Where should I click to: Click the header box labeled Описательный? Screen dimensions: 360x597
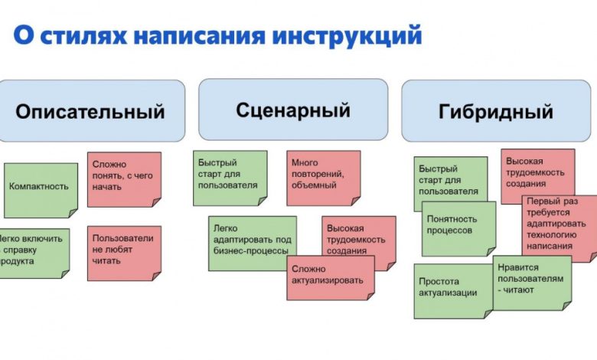91,111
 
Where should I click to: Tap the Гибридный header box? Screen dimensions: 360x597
496,111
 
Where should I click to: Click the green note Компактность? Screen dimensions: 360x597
40,187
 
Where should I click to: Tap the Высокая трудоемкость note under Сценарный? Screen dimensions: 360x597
357,239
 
